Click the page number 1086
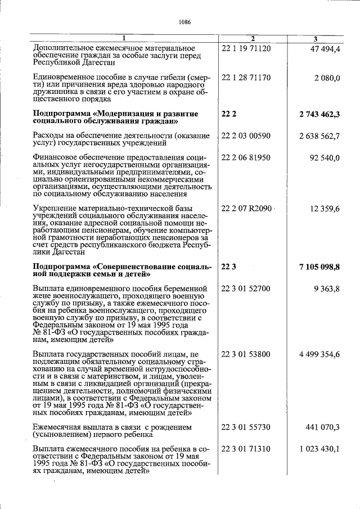tap(184, 22)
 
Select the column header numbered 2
tap(253, 38)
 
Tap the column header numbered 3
tap(316, 38)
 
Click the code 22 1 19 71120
tap(246, 48)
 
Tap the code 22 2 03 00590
tap(246, 136)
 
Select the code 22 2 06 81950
tap(246, 158)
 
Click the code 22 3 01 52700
tap(246, 289)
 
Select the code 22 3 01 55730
tap(246, 427)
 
